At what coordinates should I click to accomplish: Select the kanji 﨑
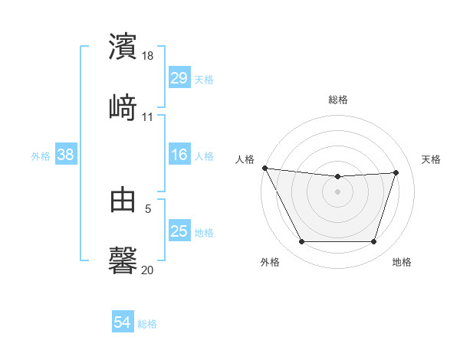(x=123, y=107)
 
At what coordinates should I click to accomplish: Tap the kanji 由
(x=123, y=200)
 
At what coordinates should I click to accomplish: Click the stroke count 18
(x=149, y=56)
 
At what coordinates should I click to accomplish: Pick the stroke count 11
(x=148, y=117)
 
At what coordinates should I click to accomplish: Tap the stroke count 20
(x=148, y=270)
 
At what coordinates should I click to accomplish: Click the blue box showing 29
(x=179, y=78)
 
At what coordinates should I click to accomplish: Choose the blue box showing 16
(x=179, y=155)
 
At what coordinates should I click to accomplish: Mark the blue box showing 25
(x=179, y=231)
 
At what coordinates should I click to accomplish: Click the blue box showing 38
(x=66, y=155)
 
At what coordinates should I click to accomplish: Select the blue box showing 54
(x=123, y=323)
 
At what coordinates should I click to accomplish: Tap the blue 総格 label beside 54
(x=147, y=324)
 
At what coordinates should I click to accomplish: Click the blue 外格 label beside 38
(x=41, y=156)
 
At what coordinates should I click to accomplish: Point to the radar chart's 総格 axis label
(x=338, y=100)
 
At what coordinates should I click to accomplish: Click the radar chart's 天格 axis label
(x=432, y=159)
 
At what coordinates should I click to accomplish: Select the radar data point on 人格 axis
(x=264, y=168)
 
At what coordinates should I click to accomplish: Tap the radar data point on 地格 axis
(x=374, y=242)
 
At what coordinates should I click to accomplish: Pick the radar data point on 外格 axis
(x=301, y=242)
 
